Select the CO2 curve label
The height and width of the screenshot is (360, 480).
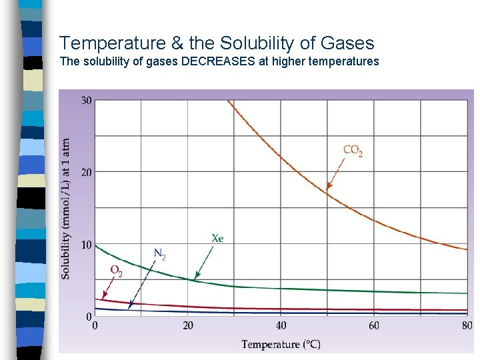pos(353,151)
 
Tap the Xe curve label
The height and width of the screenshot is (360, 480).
pos(217,239)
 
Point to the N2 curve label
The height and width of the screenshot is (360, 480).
pos(160,253)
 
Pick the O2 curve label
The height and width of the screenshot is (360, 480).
pos(116,271)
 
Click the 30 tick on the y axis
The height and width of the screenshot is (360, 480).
pos(87,101)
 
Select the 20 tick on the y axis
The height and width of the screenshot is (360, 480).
pos(87,173)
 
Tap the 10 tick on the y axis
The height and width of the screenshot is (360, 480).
pos(87,245)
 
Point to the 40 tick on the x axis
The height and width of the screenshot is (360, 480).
pos(281,326)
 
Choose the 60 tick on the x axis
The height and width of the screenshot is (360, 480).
pos(374,326)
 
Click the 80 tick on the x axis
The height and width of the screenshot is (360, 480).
pos(467,326)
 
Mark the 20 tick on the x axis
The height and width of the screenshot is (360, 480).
pos(188,326)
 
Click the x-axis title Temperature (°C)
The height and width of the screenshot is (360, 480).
pos(281,345)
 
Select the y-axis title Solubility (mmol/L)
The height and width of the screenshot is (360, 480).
pos(66,209)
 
